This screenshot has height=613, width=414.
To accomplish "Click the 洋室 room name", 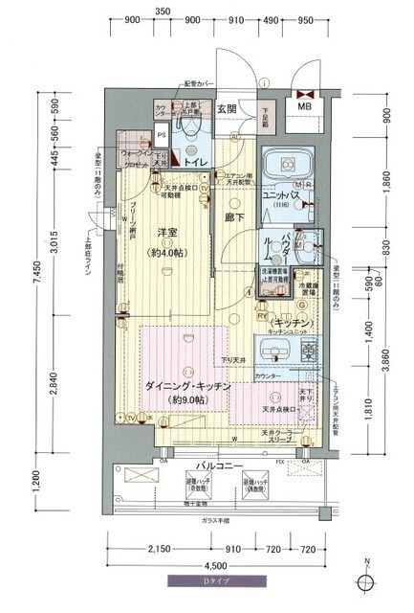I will pyautogui.click(x=169, y=233).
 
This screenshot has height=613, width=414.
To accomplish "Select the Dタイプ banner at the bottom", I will pyautogui.click(x=207, y=580).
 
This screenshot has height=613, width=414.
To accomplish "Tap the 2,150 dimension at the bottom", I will pyautogui.click(x=159, y=550).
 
